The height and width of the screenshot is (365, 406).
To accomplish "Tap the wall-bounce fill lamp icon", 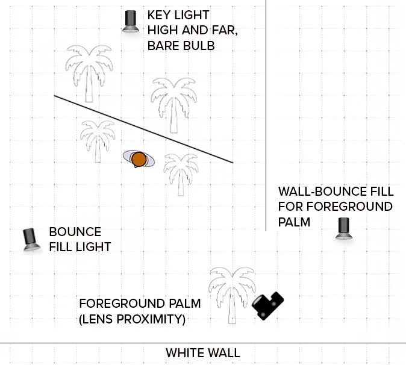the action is click(x=344, y=228).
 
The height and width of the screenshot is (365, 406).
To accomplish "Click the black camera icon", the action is click(x=267, y=305).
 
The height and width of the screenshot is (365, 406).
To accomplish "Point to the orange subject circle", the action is click(x=139, y=159).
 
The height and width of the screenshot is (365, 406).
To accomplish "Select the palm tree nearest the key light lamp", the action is click(x=89, y=72).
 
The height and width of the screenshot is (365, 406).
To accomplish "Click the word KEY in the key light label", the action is click(x=160, y=15).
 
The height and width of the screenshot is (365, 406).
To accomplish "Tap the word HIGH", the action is click(x=164, y=30).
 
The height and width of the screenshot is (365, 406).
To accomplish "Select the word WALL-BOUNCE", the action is click(x=319, y=192).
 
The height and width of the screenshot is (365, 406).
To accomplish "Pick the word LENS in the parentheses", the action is click(x=99, y=319).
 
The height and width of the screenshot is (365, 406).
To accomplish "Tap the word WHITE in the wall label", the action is click(x=186, y=353).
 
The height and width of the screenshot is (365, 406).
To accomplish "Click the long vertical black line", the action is click(x=266, y=120).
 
